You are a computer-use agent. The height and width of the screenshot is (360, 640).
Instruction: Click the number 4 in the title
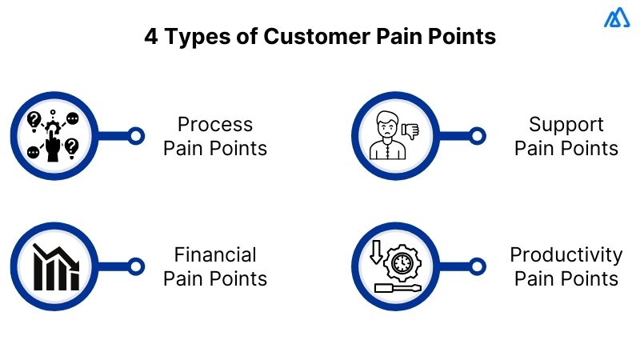[x=150, y=37]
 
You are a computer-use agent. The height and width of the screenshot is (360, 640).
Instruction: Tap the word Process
[x=215, y=125]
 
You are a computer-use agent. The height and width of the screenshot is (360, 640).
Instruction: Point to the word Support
[x=566, y=125]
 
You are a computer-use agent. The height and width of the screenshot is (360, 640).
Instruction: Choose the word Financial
[x=215, y=255]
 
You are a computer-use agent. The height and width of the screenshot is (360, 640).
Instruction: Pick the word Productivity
[x=566, y=255]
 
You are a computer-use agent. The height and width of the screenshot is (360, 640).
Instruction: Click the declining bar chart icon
[x=54, y=266]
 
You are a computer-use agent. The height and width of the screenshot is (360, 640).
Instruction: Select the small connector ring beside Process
[x=136, y=136]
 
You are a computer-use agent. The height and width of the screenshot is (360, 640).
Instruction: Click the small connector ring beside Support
[x=477, y=136]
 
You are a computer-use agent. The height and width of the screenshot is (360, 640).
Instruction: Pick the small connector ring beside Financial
[x=136, y=266]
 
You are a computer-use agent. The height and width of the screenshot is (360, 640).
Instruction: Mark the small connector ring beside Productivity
[x=477, y=266]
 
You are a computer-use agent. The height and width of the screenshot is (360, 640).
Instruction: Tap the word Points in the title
[x=465, y=37]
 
